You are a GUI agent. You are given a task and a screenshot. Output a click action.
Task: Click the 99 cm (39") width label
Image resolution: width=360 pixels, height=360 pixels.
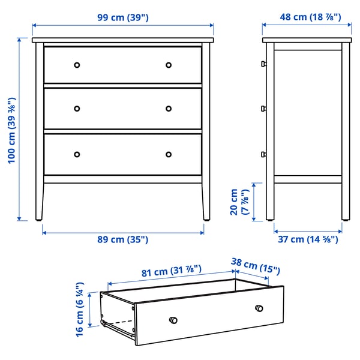tap(122, 17)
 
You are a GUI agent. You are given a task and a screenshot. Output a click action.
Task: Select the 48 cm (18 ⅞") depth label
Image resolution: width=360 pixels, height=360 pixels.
tap(310, 17)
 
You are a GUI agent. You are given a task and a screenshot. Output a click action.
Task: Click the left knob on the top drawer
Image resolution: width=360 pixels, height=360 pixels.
tap(77, 65)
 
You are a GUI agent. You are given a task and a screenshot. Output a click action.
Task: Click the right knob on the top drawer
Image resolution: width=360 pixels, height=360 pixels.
tap(169, 65)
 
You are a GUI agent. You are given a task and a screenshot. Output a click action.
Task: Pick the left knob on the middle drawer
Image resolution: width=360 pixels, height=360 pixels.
tap(77, 109)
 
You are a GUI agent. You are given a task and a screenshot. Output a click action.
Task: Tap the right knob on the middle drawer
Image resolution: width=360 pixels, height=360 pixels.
tap(169, 109)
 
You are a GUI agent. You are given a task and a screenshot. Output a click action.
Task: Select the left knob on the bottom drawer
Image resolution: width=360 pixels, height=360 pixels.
tap(77, 154)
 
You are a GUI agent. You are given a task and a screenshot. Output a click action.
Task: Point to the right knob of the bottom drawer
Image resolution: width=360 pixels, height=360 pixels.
tap(169, 154)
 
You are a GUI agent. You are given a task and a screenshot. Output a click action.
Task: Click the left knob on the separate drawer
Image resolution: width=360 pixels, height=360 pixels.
tap(173, 319)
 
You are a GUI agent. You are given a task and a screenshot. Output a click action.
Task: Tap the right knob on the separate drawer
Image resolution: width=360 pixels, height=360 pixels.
tap(259, 308)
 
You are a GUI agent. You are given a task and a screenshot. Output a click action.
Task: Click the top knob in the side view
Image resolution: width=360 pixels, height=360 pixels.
tap(263, 64)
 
